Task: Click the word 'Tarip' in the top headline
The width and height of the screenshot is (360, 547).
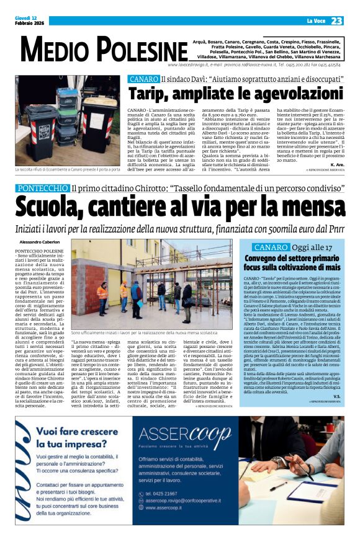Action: tap(148, 94)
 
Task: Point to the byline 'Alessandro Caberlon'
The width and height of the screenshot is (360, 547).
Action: tap(40, 241)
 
